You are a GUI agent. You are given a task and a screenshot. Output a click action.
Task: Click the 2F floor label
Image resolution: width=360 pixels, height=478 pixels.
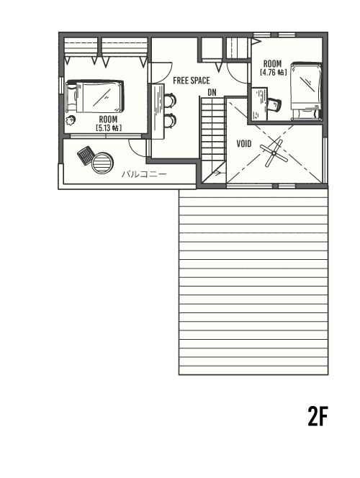pyautogui.click(x=318, y=417)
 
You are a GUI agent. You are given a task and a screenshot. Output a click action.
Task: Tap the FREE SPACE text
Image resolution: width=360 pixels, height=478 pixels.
pyautogui.click(x=191, y=81)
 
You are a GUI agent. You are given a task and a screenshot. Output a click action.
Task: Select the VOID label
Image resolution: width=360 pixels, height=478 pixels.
pyautogui.click(x=243, y=143)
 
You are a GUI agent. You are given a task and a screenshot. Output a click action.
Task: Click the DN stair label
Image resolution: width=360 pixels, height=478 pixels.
pyautogui.click(x=212, y=92)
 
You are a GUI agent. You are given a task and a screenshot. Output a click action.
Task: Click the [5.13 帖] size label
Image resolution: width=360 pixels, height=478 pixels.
pyautogui.click(x=108, y=127)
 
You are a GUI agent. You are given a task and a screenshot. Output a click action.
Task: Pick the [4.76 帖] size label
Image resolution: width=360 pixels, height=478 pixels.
pyautogui.click(x=273, y=73)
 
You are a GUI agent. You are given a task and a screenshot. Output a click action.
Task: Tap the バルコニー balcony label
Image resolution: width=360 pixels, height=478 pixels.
pyautogui.click(x=143, y=174)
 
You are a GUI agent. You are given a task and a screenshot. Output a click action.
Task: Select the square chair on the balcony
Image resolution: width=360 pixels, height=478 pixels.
pyautogui.click(x=85, y=153)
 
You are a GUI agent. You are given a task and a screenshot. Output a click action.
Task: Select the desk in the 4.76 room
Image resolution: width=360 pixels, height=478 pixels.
pyautogui.click(x=258, y=104)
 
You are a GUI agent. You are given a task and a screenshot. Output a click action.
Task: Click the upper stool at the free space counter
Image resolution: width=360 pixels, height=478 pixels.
pyautogui.click(x=169, y=100)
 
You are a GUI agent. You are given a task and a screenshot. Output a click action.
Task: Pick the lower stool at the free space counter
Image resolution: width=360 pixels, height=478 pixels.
pyautogui.click(x=169, y=119)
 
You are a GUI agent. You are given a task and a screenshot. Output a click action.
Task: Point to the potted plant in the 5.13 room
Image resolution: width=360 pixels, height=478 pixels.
pyautogui.click(x=72, y=119)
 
